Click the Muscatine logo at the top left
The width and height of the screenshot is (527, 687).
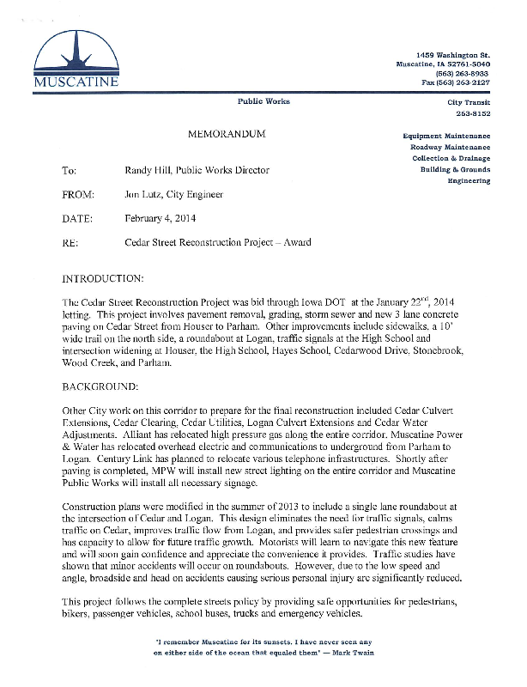coord(76,59)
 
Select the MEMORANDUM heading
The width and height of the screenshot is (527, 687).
coord(227,136)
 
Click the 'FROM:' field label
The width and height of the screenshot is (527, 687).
coord(78,194)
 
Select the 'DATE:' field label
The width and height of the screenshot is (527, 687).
coord(78,218)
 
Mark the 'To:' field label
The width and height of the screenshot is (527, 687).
coord(70,170)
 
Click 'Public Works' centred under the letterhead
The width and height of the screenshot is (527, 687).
coord(263,101)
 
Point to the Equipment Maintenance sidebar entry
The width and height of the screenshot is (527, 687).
coord(447,137)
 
